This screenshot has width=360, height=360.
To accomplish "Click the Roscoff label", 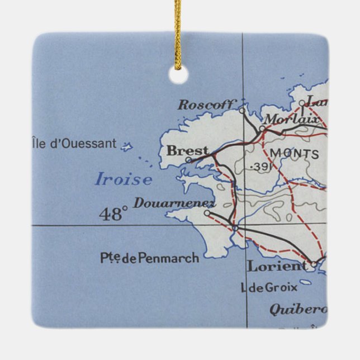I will tap(206, 104).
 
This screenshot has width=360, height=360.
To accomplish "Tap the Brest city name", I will tap(187, 151).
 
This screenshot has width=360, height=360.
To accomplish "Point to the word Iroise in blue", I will tap(123, 179).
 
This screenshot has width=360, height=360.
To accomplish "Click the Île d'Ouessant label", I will tap(75, 144).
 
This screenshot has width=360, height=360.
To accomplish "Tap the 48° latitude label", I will tap(113, 214).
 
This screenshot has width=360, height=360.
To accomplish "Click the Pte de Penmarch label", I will tap(149, 258).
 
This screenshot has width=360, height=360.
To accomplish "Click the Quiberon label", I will tap(298, 309).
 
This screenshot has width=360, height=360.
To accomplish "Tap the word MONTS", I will tap(295, 154).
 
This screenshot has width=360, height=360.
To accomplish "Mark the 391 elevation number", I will tap(260, 167).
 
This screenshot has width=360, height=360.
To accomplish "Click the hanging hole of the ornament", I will tap(178, 75).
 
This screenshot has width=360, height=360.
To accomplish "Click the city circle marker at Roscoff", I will tap(242, 110).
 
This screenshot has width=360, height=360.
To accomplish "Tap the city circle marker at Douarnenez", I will tap(207, 212).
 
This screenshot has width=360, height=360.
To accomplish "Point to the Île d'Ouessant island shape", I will tap(127, 148).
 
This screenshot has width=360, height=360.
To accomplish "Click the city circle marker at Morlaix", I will tap(262, 128).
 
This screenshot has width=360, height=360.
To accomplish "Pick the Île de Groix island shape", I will tap(305, 282).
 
